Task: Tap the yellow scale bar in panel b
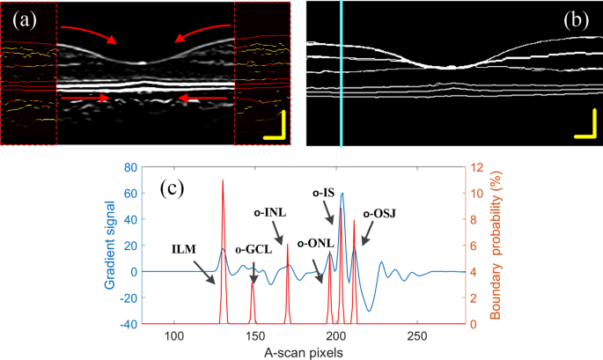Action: [585, 129]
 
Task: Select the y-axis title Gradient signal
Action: [106, 245]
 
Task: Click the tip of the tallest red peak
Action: [222, 180]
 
